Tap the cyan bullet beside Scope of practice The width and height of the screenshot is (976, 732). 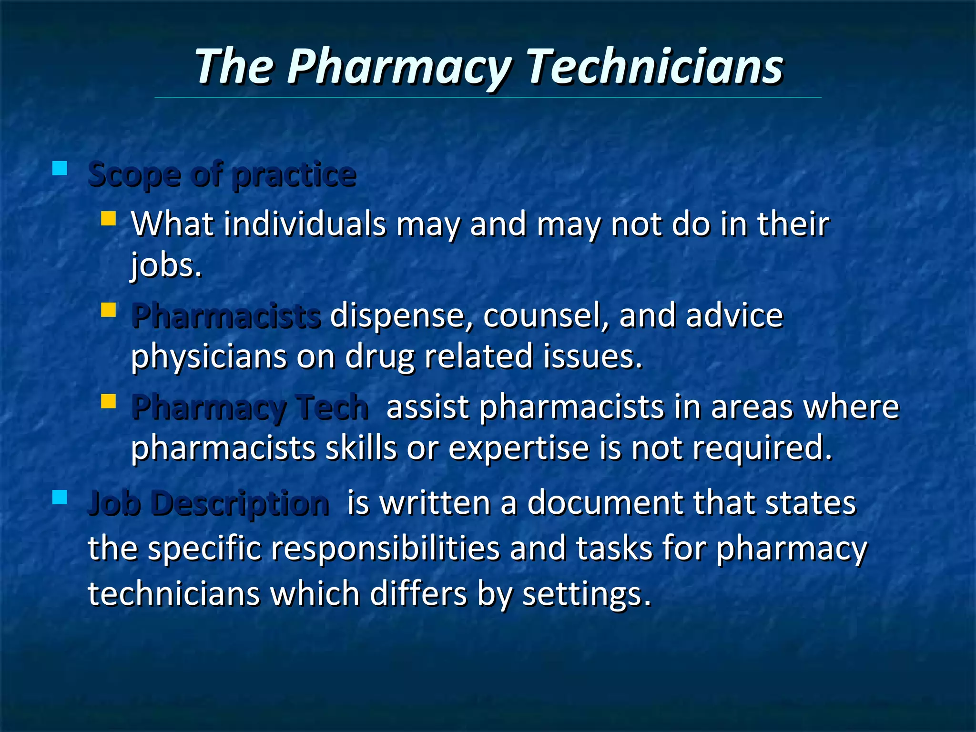coord(60,168)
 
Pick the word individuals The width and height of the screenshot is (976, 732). coord(305,224)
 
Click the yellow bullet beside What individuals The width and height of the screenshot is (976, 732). coord(109,219)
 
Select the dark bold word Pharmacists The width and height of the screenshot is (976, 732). coord(226,316)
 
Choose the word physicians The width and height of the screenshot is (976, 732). coord(209,356)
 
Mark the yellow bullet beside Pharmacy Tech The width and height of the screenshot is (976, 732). coord(109,401)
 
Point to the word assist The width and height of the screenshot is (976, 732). coord(427,407)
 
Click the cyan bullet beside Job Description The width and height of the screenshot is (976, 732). coord(60,497)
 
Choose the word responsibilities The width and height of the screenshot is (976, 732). coord(386,549)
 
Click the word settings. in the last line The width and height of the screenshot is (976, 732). coord(587,594)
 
